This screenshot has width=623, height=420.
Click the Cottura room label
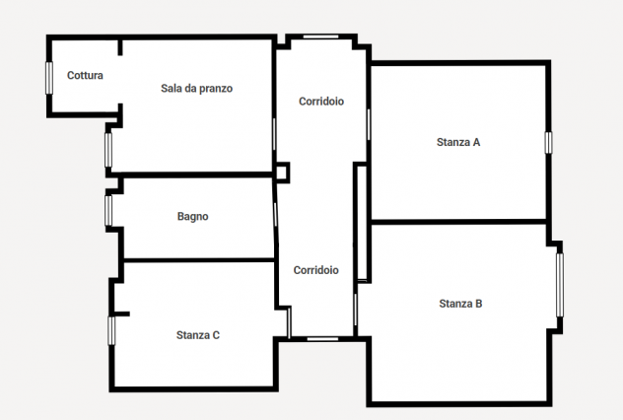click(x=85, y=75)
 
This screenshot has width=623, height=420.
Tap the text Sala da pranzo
click(x=197, y=88)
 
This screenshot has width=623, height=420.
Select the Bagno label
click(x=192, y=216)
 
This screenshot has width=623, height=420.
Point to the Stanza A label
click(x=458, y=142)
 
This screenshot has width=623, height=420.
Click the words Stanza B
click(x=460, y=304)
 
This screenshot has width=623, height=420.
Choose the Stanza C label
click(x=198, y=335)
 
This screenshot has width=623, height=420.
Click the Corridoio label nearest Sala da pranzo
click(x=321, y=102)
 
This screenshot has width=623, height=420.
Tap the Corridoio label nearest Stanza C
click(x=315, y=270)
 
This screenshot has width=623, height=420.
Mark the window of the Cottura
click(x=49, y=78)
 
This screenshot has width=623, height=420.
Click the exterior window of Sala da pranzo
click(x=108, y=150)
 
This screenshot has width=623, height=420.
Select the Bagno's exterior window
click(x=108, y=211)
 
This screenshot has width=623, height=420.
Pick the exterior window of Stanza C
click(x=111, y=330)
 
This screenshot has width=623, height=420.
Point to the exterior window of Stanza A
click(x=548, y=143)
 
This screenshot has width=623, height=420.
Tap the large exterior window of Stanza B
click(x=560, y=285)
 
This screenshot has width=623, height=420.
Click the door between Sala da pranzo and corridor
click(x=274, y=134)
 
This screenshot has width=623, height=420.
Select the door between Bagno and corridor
click(x=275, y=215)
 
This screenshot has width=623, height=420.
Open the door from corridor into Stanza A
click(x=369, y=124)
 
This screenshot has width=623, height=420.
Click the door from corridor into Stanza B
click(x=356, y=310)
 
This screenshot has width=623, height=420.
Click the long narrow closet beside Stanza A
click(x=362, y=223)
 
